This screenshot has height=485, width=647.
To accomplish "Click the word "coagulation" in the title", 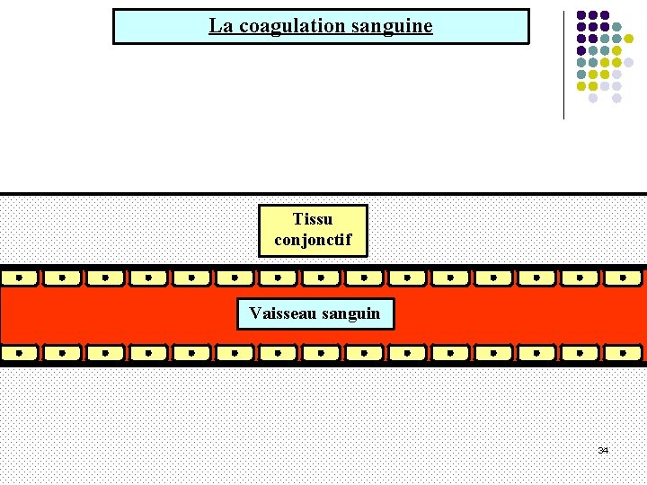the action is [292, 26].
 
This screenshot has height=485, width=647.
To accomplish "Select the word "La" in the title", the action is [220, 26].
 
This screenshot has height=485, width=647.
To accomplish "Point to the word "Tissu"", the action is [313, 219].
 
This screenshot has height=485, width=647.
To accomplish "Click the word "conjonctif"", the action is [313, 241].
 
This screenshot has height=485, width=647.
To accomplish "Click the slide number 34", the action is [603, 449].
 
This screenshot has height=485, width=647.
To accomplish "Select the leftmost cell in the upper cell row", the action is [20, 278].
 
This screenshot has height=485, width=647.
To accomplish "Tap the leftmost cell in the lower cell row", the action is [20, 352].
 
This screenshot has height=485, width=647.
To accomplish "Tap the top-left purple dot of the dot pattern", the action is [581, 15].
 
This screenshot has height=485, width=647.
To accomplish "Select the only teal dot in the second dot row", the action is [616, 27].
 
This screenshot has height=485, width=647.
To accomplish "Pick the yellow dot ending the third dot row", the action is [629, 39].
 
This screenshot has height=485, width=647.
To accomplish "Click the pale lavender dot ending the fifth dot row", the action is [629, 62].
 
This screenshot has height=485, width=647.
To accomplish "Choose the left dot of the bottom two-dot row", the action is [593, 97].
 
